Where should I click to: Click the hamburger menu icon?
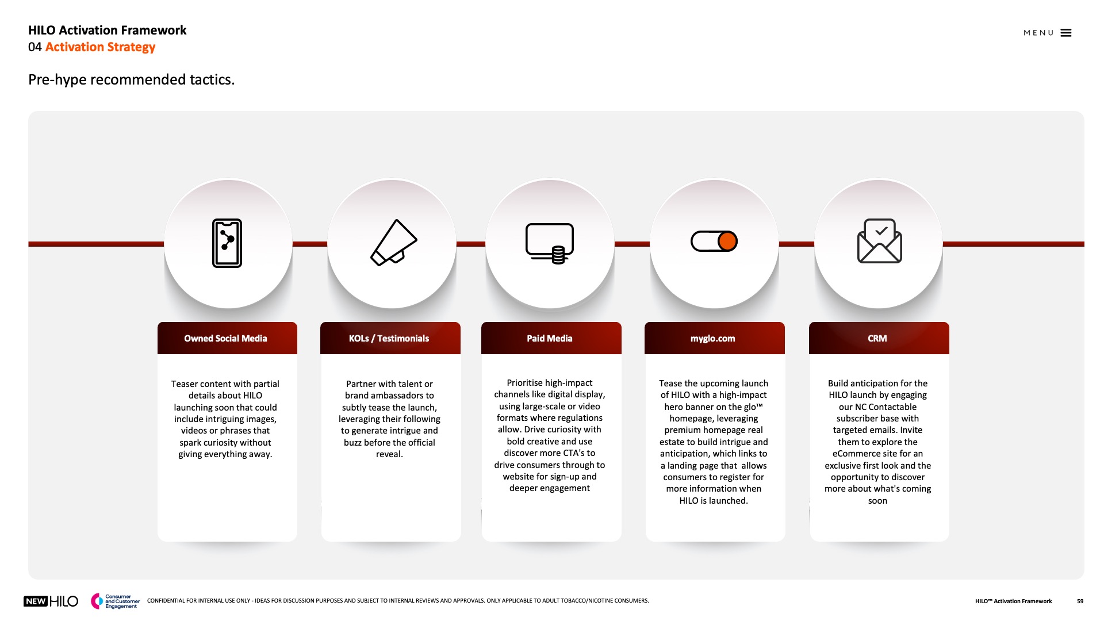pyautogui.click(x=1066, y=33)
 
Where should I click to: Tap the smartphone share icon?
pyautogui.click(x=227, y=243)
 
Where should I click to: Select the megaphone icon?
pyautogui.click(x=393, y=243)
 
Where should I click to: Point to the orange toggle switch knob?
pyautogui.click(x=727, y=241)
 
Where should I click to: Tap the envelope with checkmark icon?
pyautogui.click(x=879, y=241)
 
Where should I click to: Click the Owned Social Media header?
pyautogui.click(x=225, y=339)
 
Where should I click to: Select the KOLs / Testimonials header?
pyautogui.click(x=389, y=339)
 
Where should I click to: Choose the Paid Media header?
pyautogui.click(x=550, y=339)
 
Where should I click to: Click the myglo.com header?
pyautogui.click(x=713, y=339)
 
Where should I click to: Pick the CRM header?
pyautogui.click(x=877, y=339)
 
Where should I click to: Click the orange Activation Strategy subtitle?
pyautogui.click(x=100, y=47)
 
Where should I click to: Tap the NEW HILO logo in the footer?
pyautogui.click(x=51, y=601)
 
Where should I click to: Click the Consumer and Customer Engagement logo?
pyautogui.click(x=115, y=601)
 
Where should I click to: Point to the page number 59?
pyautogui.click(x=1080, y=601)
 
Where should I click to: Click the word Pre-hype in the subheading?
pyautogui.click(x=57, y=80)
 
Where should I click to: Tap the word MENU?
pyautogui.click(x=1038, y=33)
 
